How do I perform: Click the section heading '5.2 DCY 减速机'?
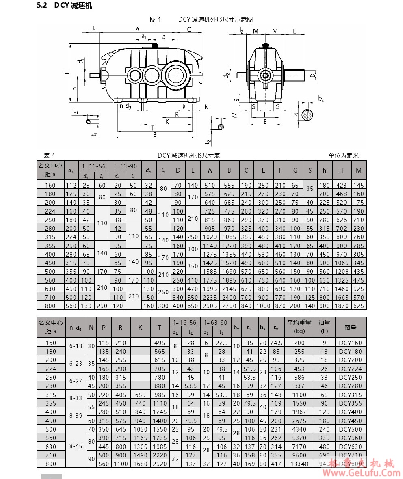[65, 6]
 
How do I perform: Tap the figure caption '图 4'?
[155, 19]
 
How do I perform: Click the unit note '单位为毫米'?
[343, 155]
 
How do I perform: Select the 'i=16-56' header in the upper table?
[94, 166]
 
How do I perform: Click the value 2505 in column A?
[210, 306]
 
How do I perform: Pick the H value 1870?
[341, 306]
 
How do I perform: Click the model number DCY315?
[350, 395]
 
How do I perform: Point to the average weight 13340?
[299, 464]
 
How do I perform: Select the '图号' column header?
[351, 328]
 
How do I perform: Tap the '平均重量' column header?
[299, 323]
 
